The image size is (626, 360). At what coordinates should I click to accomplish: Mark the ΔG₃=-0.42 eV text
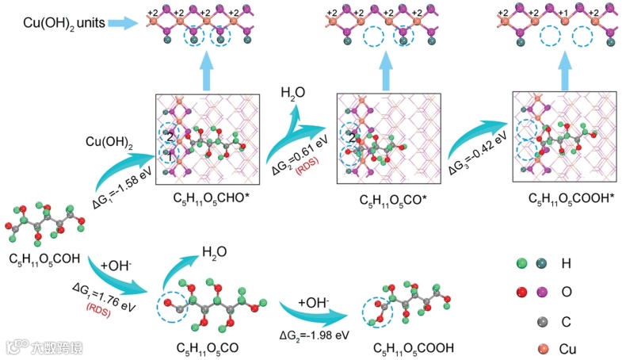click(x=473, y=155)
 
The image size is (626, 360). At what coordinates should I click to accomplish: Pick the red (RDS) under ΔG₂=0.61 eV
click(x=304, y=176)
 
